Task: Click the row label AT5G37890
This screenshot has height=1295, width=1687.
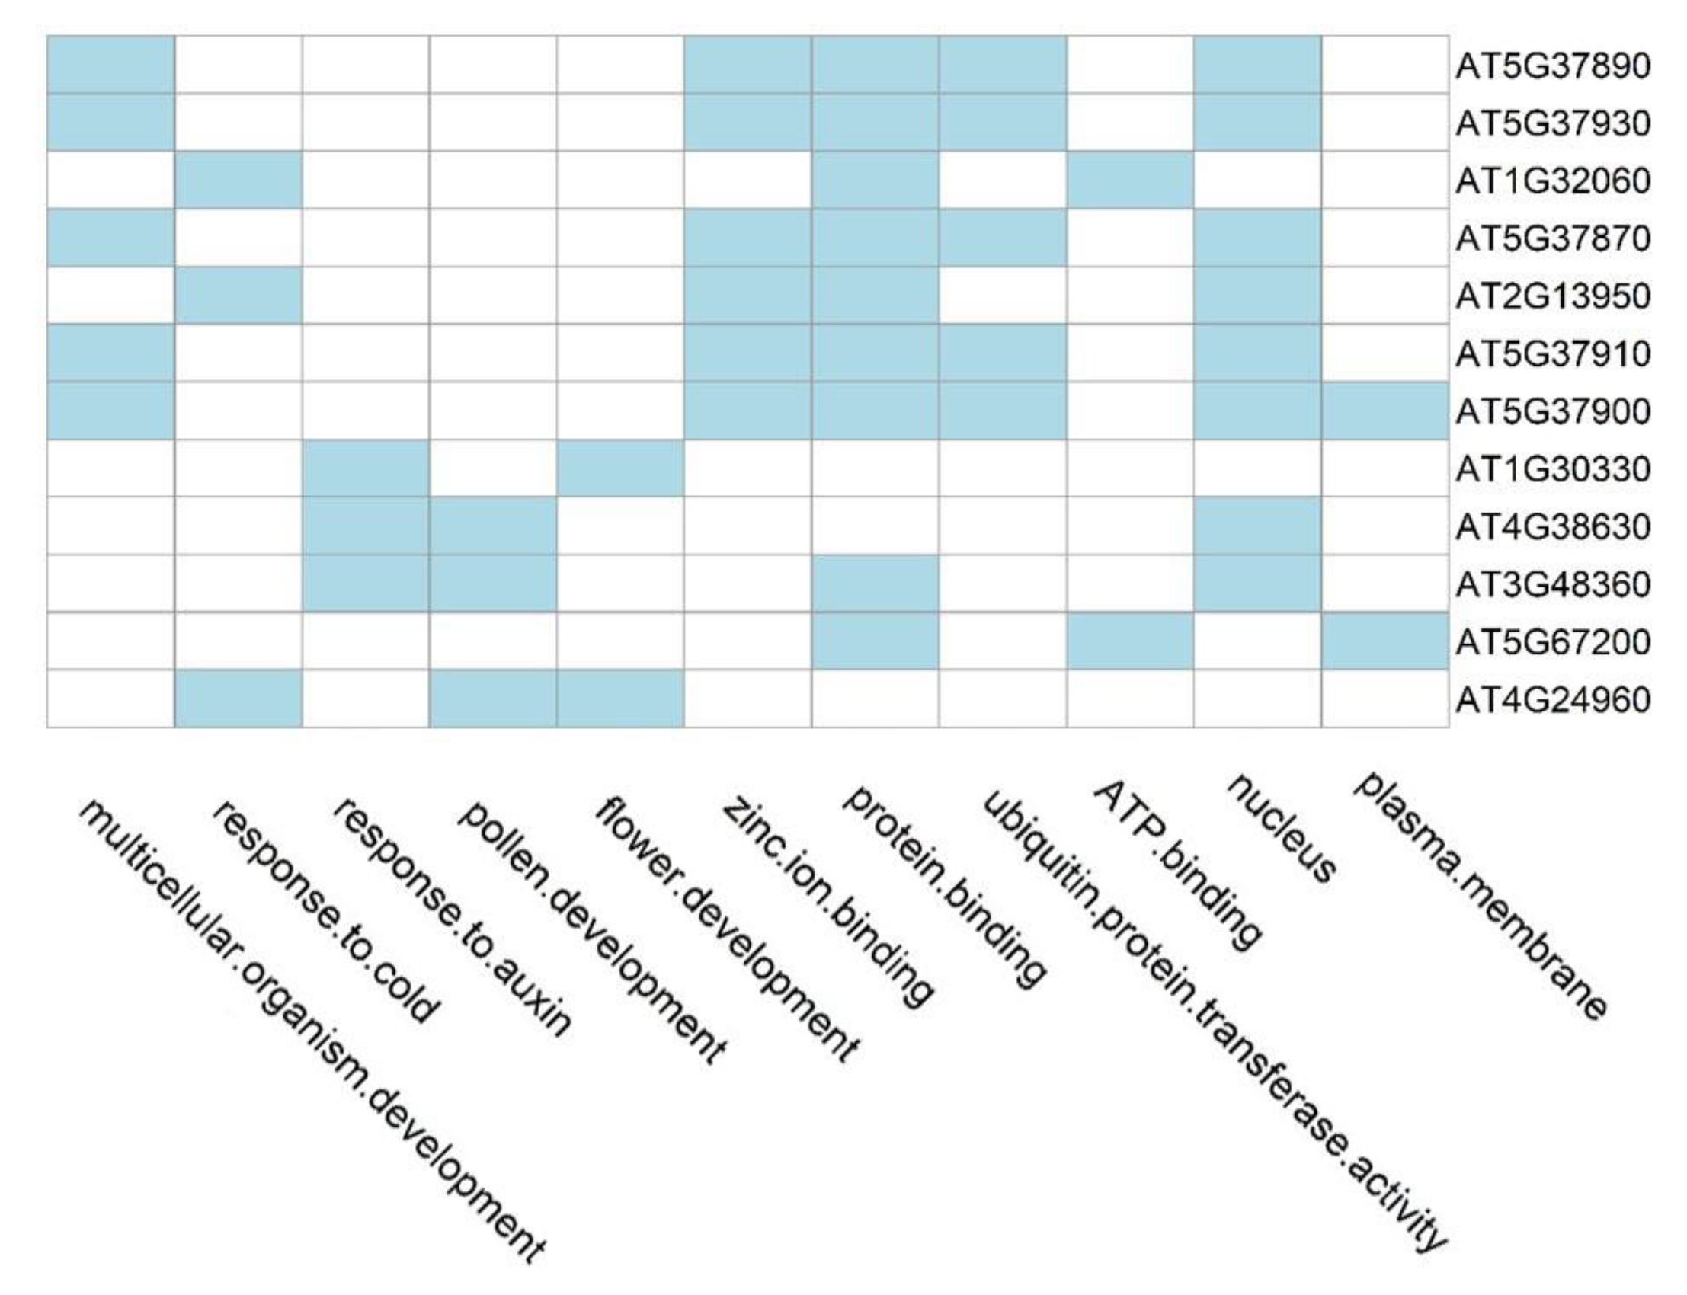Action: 1552,66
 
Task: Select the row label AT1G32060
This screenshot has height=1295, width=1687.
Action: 1552,181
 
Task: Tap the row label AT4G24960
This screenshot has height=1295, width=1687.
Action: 1552,700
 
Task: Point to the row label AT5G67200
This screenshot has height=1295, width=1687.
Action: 1552,642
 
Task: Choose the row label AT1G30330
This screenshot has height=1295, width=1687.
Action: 1552,468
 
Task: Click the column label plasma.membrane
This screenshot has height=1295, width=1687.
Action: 1481,894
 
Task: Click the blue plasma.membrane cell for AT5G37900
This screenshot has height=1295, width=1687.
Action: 1384,411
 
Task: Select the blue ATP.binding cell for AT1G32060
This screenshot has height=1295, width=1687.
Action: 1130,181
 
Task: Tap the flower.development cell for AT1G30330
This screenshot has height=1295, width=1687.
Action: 620,468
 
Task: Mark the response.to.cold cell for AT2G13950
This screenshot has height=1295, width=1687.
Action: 238,296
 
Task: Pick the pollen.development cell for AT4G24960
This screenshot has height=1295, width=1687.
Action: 493,699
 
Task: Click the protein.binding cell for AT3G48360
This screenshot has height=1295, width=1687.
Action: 875,584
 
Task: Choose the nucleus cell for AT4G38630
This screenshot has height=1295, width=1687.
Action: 1257,526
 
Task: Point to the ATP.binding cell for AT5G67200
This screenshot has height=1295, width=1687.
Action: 1130,641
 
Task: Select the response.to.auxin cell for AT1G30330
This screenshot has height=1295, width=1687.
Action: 366,468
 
